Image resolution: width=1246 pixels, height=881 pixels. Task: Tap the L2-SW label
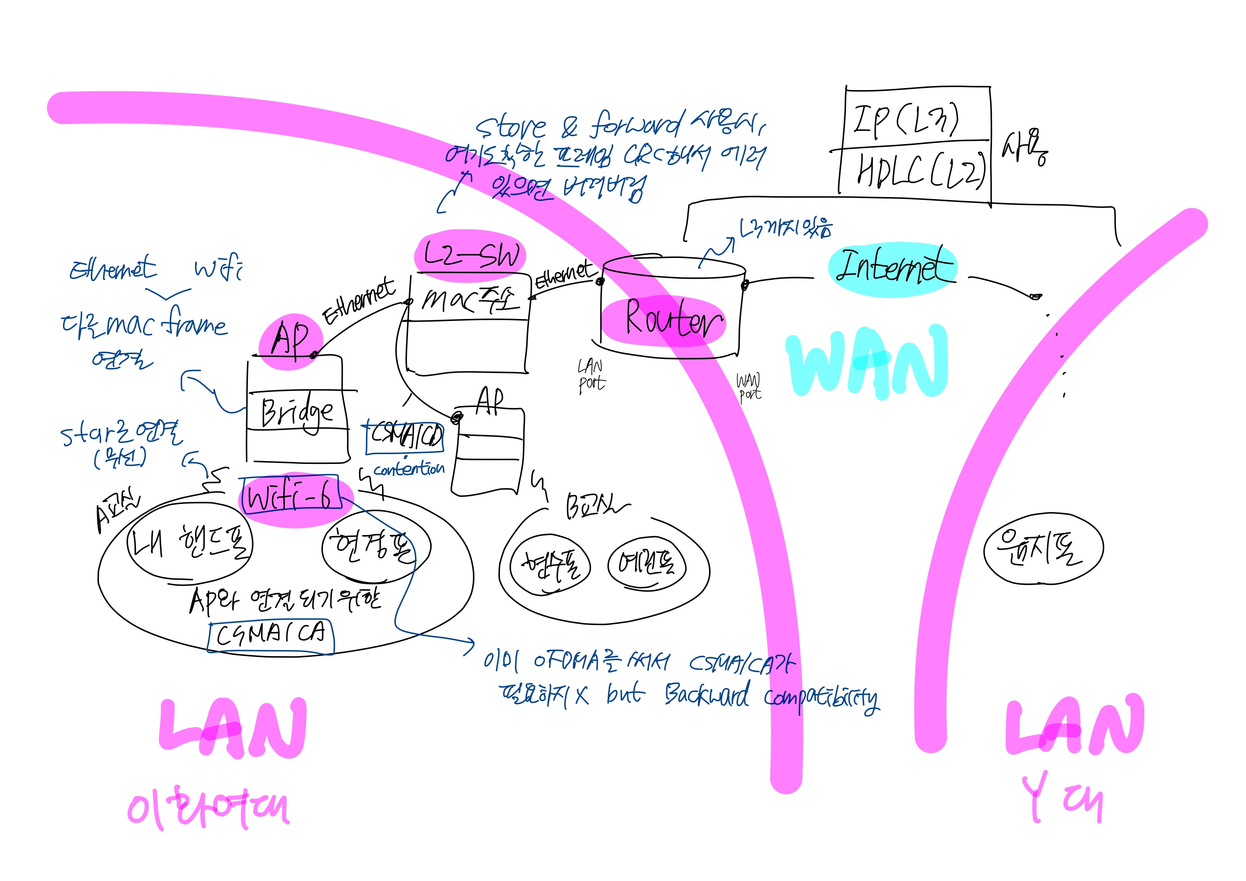pyautogui.click(x=470, y=255)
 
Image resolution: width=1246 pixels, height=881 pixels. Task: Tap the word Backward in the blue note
pyautogui.click(x=707, y=695)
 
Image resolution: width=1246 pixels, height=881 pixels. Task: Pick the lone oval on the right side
pyautogui.click(x=1043, y=549)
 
